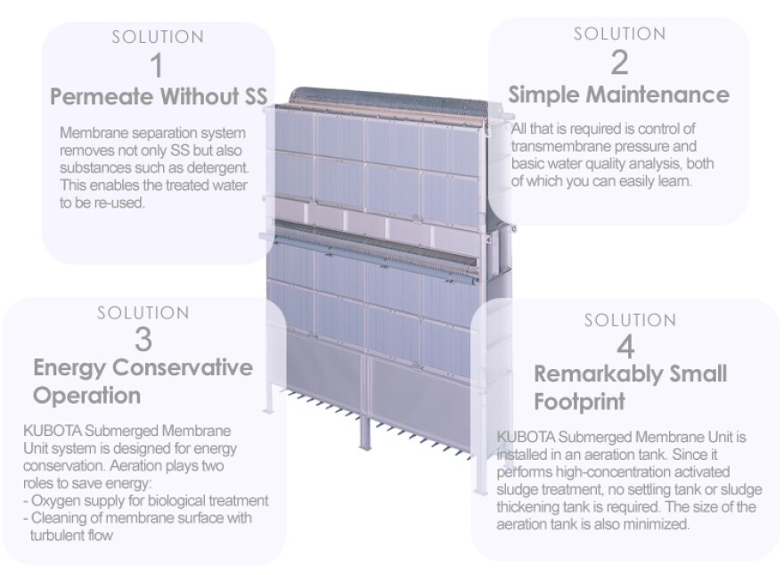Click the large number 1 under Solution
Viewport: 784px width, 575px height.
[x=158, y=66]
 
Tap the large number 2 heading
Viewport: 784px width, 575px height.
[x=619, y=63]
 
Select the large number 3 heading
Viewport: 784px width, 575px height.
[x=143, y=340]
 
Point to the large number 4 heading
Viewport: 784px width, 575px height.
[x=626, y=347]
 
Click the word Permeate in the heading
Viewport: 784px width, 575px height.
[x=102, y=96]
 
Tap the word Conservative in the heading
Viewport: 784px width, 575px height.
[x=183, y=367]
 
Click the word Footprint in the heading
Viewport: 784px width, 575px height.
[x=579, y=401]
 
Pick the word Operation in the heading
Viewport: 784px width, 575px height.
[x=87, y=396]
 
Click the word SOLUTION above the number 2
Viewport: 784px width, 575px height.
[x=619, y=34]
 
